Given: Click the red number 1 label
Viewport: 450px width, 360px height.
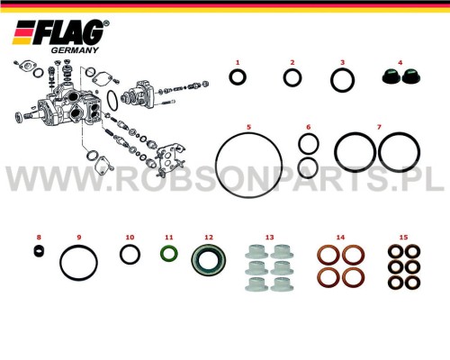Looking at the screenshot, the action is tap(238, 62).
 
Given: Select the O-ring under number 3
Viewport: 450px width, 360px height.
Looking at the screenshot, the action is tap(342, 69).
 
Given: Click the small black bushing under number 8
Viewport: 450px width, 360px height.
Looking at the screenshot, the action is tap(39, 251).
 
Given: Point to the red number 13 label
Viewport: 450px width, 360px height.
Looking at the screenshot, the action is tap(270, 238).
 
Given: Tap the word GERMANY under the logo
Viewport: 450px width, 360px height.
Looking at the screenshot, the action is tap(75, 50).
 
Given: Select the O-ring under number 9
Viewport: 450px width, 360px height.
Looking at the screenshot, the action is tap(78, 247).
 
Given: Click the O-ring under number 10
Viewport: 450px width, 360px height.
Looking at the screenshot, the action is tap(130, 246).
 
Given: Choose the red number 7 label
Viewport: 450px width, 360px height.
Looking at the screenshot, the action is tap(379, 127).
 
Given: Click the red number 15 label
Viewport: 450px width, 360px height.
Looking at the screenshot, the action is tap(403, 238).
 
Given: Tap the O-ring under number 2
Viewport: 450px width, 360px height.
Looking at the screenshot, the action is tap(292, 70).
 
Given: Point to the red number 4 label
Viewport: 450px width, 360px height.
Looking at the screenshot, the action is tap(400, 62).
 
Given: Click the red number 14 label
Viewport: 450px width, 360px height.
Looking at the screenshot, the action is tap(340, 238).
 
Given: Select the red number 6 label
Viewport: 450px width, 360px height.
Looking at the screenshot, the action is tap(309, 127).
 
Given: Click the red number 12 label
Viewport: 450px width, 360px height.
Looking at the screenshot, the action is tap(209, 238).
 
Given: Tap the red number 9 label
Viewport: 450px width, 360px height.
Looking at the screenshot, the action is tap(79, 238).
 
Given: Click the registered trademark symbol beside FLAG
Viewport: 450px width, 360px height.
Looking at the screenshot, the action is tap(106, 23).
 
